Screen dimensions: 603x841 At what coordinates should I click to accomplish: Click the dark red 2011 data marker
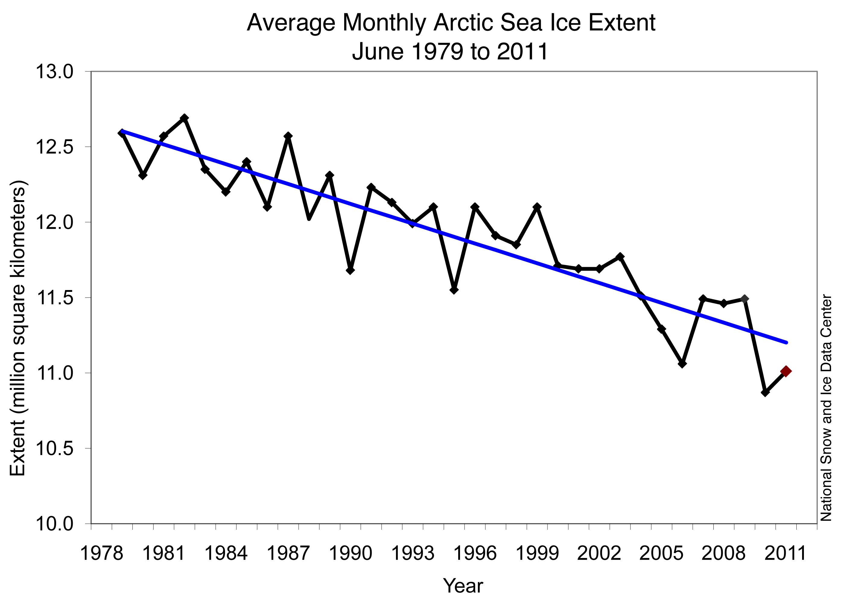(x=785, y=371)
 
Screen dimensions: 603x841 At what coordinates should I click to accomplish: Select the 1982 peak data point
(x=184, y=118)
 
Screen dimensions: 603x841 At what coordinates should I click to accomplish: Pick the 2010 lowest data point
(x=765, y=392)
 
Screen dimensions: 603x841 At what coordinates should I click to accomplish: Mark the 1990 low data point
(x=350, y=270)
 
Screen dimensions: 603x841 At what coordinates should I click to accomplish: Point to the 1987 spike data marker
(x=288, y=136)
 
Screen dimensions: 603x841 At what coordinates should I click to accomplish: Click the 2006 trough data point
(x=682, y=364)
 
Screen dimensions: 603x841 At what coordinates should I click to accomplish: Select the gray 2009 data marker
(x=744, y=299)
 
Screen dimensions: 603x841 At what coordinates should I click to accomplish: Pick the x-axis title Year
(x=463, y=586)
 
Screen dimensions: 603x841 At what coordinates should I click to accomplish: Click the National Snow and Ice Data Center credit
(x=826, y=408)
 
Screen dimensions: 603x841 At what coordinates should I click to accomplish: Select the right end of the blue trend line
(x=785, y=343)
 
